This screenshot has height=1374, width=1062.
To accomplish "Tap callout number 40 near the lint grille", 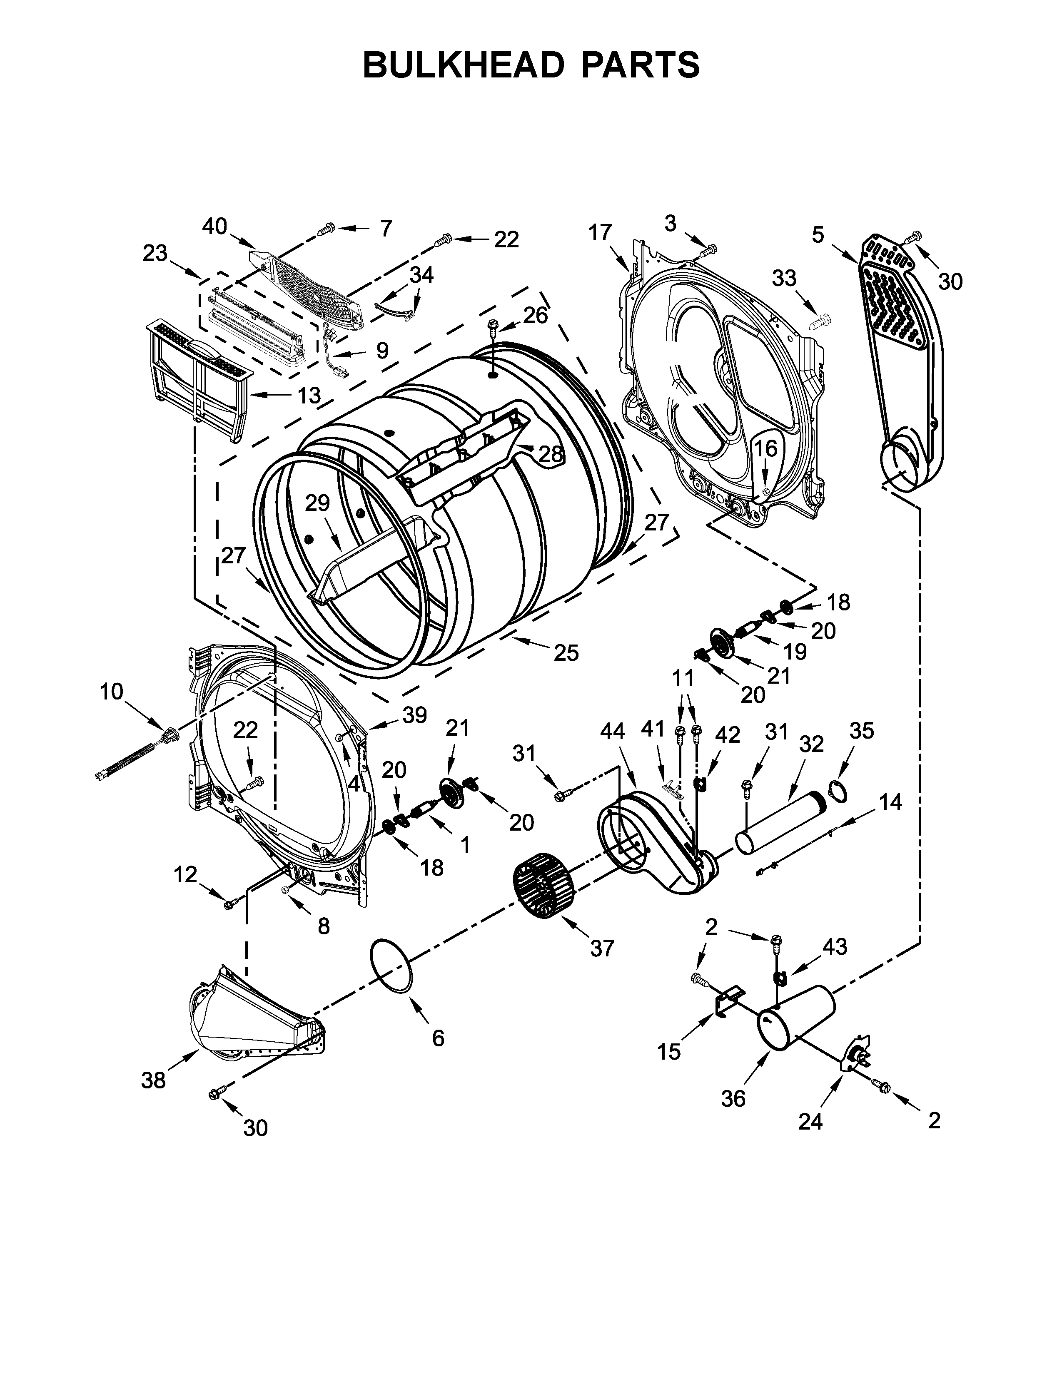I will [214, 227].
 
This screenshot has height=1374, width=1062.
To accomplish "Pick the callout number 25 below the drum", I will [566, 653].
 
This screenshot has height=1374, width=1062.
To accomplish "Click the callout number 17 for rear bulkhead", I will [600, 233].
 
